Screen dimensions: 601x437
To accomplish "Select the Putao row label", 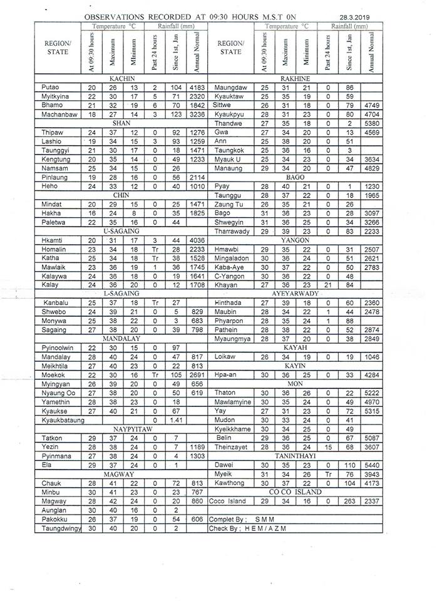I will [x=50, y=88].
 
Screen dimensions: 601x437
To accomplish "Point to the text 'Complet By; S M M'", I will [x=242, y=520].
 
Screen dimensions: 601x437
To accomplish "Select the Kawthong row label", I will [x=229, y=483].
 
